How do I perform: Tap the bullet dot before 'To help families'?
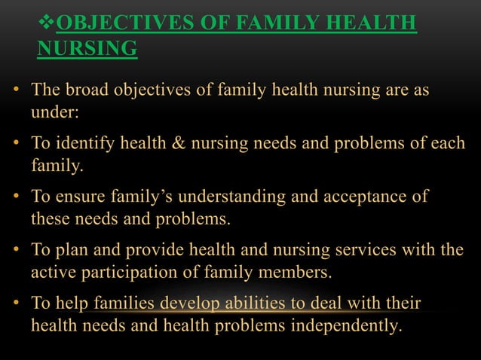pyautogui.click(x=16, y=304)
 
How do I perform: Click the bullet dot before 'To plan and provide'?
pyautogui.click(x=16, y=250)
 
